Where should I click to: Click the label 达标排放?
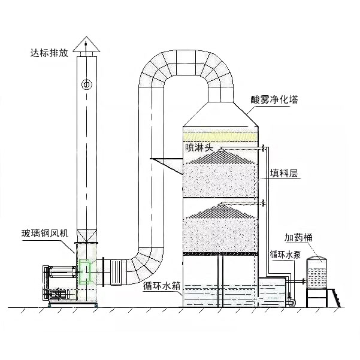pyautogui.click(x=50, y=53)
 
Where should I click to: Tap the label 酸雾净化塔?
pyautogui.click(x=274, y=99)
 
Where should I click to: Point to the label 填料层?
pyautogui.click(x=284, y=173)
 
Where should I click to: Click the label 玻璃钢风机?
pyautogui.click(x=45, y=233)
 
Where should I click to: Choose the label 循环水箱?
pyautogui.click(x=162, y=286)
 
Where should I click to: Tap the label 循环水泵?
pyautogui.click(x=285, y=255)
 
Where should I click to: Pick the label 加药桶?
pyautogui.click(x=298, y=237)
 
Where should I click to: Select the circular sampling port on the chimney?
pyautogui.click(x=87, y=84)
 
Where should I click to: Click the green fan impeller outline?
pyautogui.click(x=84, y=271)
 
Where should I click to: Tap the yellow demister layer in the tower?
pyautogui.click(x=220, y=137)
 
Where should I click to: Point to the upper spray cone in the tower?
pyautogui.click(x=221, y=156)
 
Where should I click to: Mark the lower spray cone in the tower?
pyautogui.click(x=221, y=210)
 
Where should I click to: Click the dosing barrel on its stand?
pyautogui.click(x=317, y=273)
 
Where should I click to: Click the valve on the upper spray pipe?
pyautogui.click(x=264, y=149)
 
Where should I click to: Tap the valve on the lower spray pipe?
pyautogui.click(x=264, y=202)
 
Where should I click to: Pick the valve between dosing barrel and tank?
pyautogui.click(x=304, y=280)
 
